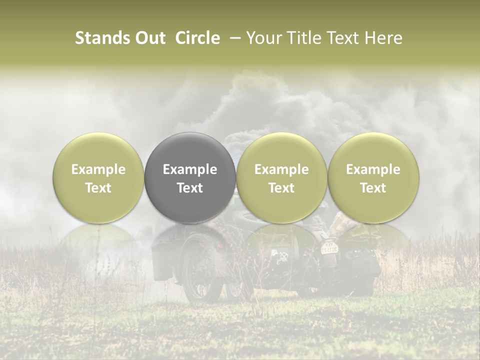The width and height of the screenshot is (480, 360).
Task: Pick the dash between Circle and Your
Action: click(x=232, y=38)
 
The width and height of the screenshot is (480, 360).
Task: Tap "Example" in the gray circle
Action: click(x=190, y=169)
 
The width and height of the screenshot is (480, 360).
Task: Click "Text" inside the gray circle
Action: click(x=190, y=188)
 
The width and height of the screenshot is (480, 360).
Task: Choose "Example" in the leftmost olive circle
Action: click(x=98, y=169)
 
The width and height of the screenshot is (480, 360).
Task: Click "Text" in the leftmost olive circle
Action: click(x=98, y=188)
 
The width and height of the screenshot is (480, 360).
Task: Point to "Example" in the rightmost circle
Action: click(x=373, y=169)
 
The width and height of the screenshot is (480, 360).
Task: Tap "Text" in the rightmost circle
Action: click(x=373, y=188)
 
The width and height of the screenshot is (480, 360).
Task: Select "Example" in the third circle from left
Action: click(x=281, y=169)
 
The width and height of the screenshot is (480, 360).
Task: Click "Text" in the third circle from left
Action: click(x=281, y=188)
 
